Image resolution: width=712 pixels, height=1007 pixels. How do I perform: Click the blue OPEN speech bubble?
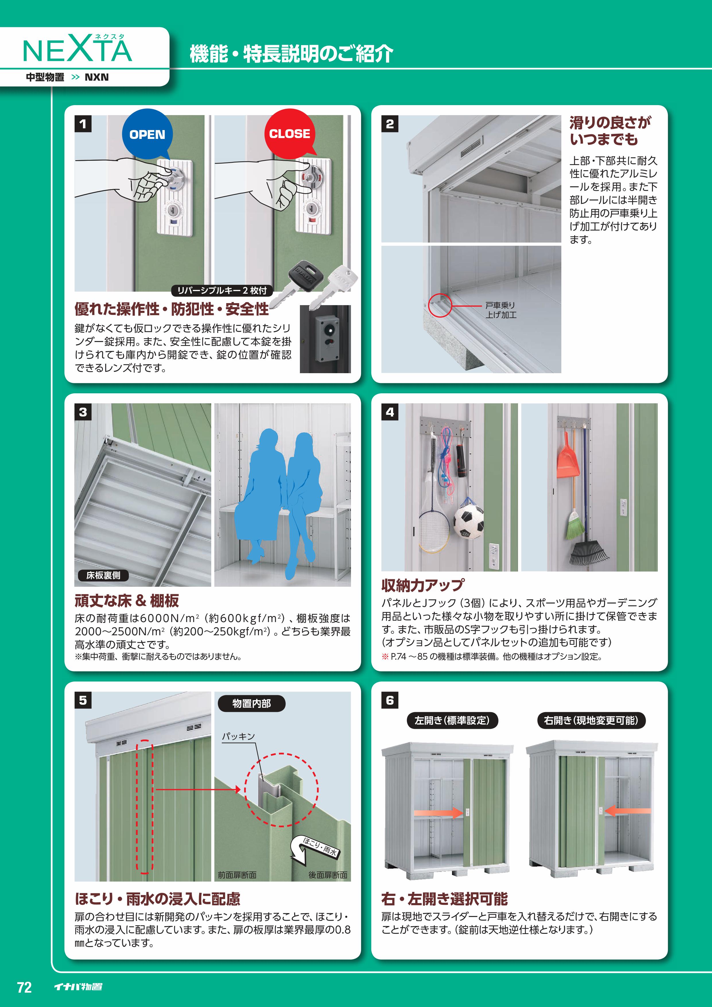tap(147, 134)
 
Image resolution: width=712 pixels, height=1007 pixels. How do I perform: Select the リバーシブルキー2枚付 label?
tap(222, 290)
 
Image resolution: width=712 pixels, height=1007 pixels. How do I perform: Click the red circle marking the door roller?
tap(440, 305)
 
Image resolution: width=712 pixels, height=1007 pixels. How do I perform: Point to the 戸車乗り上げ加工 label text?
tap(501, 310)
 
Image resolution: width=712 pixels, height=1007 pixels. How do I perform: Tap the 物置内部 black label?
tap(251, 704)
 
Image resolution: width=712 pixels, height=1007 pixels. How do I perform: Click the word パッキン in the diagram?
tap(238, 736)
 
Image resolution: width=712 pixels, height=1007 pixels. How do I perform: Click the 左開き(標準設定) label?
tap(452, 721)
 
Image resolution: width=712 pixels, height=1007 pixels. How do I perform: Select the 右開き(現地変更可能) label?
tap(591, 721)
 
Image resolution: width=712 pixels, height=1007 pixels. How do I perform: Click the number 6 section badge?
tap(390, 700)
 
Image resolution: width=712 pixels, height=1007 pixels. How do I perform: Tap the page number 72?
tap(24, 987)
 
